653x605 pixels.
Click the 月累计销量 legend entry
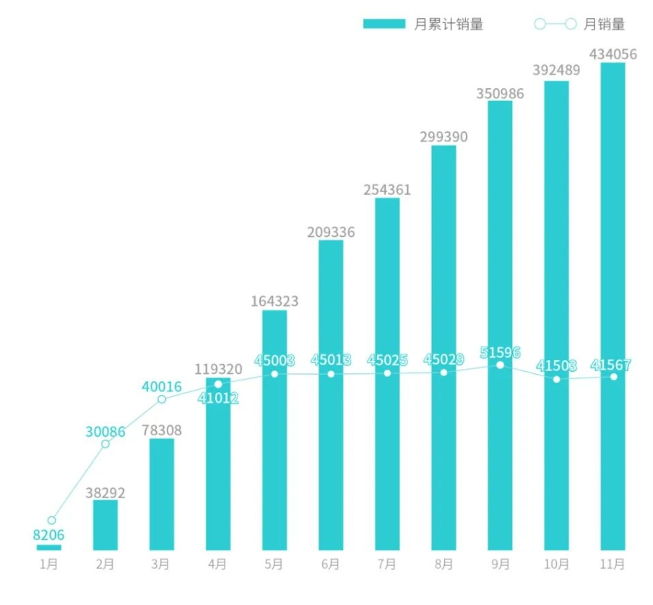click(x=423, y=24)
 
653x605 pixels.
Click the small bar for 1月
click(x=49, y=547)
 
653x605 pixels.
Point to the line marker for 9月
click(x=500, y=365)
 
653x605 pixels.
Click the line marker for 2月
click(x=105, y=443)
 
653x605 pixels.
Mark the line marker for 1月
click(x=51, y=520)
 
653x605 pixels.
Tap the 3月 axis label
click(x=161, y=564)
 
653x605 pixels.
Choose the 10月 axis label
click(x=556, y=564)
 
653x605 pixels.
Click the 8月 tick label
click(x=444, y=564)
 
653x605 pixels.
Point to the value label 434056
click(x=613, y=53)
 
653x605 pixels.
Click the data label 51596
click(x=500, y=354)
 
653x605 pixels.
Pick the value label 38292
click(x=105, y=493)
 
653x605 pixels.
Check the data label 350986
click(x=500, y=93)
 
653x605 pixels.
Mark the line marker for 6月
click(x=331, y=374)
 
